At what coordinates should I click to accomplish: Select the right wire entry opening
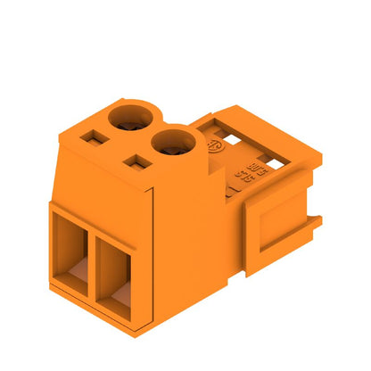[118, 276]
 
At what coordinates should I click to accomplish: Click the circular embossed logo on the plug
[213, 145]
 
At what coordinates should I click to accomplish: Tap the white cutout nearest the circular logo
[234, 138]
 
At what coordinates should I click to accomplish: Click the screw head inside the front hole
[171, 147]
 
